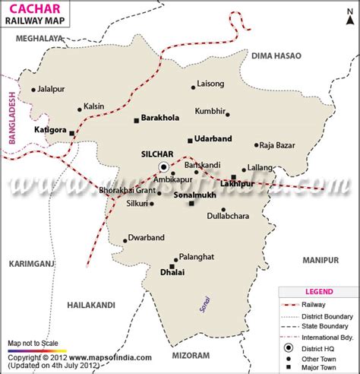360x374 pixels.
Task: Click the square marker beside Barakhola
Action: point(135,120)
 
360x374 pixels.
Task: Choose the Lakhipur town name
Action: point(237,184)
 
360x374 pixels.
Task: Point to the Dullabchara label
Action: point(229,216)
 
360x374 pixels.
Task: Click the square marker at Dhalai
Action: point(172,266)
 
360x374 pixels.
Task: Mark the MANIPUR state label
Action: point(319,260)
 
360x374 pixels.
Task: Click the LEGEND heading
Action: point(318,290)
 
